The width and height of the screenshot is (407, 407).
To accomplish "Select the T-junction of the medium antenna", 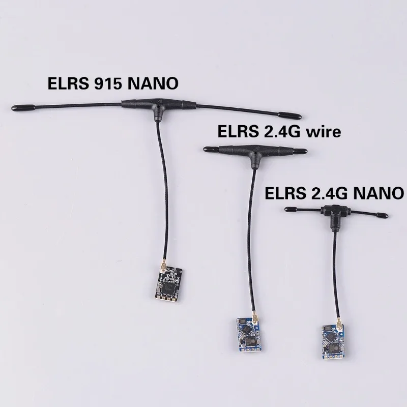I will pyautogui.click(x=252, y=151).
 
